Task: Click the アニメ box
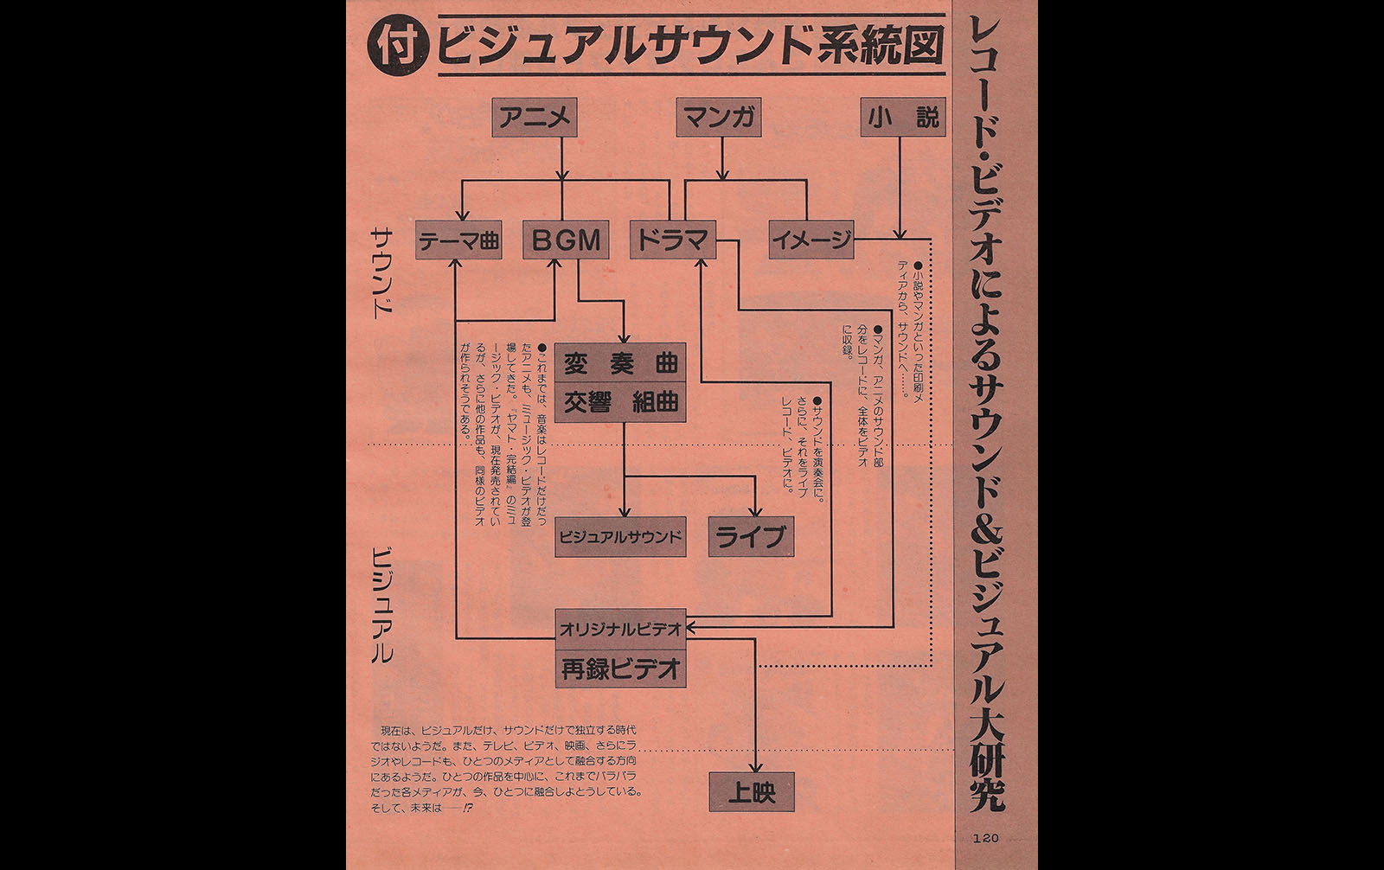[535, 118]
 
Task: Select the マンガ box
[719, 118]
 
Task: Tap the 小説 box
[903, 118]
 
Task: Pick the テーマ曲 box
[458, 240]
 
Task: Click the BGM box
[566, 240]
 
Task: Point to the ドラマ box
[673, 240]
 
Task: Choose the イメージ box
[811, 240]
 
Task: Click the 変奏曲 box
[620, 362]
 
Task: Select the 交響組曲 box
[620, 402]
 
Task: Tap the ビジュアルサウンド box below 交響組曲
[620, 537]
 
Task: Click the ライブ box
[751, 537]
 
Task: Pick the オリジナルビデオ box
[620, 629]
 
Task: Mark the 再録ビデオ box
[620, 668]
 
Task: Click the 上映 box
[752, 791]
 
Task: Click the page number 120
[985, 839]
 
